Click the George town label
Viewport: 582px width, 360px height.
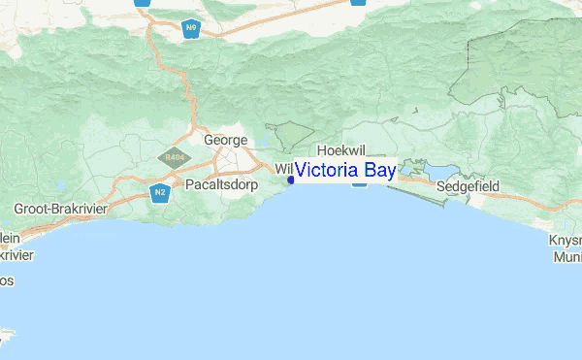pyautogui.click(x=225, y=140)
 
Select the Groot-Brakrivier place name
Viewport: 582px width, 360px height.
pyautogui.click(x=59, y=209)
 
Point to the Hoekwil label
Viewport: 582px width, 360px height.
pyautogui.click(x=339, y=150)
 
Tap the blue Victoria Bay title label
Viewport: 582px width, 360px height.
pyautogui.click(x=344, y=171)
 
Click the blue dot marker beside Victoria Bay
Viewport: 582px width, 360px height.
pyautogui.click(x=291, y=180)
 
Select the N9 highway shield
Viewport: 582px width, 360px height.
pyautogui.click(x=191, y=29)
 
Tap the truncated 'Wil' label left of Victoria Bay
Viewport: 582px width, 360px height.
pyautogui.click(x=283, y=169)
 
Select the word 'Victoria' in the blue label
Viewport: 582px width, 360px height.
pyautogui.click(x=325, y=171)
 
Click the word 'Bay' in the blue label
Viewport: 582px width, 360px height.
pyautogui.click(x=376, y=171)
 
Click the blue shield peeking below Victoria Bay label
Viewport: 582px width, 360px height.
pyautogui.click(x=359, y=184)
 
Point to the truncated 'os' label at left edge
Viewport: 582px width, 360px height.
pyautogui.click(x=6, y=280)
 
